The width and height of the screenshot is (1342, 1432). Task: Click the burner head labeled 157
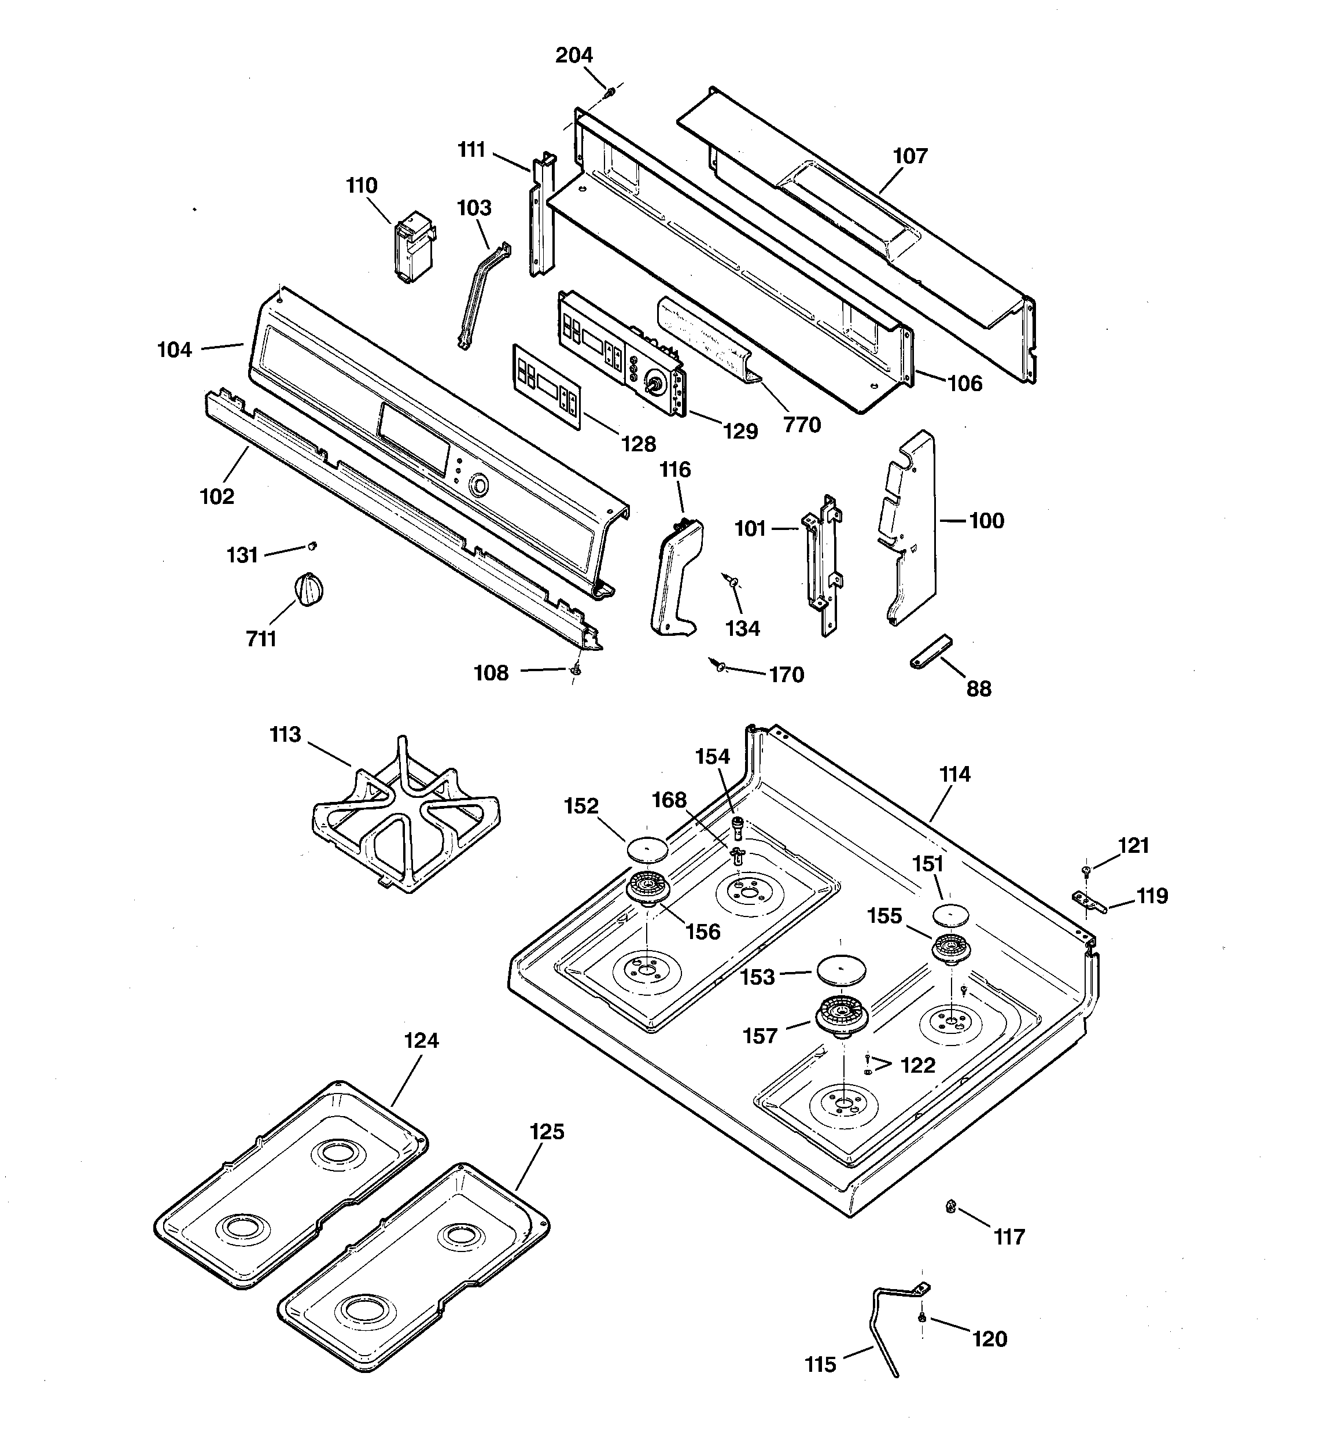pyautogui.click(x=842, y=1017)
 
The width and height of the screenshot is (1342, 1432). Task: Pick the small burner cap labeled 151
pyautogui.click(x=951, y=915)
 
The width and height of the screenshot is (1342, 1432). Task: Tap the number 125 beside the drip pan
pyautogui.click(x=547, y=1132)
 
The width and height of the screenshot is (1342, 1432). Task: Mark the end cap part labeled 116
pyautogui.click(x=676, y=576)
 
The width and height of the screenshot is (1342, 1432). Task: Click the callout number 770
pyautogui.click(x=802, y=425)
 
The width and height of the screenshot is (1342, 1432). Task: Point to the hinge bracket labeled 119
pyautogui.click(x=1087, y=901)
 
